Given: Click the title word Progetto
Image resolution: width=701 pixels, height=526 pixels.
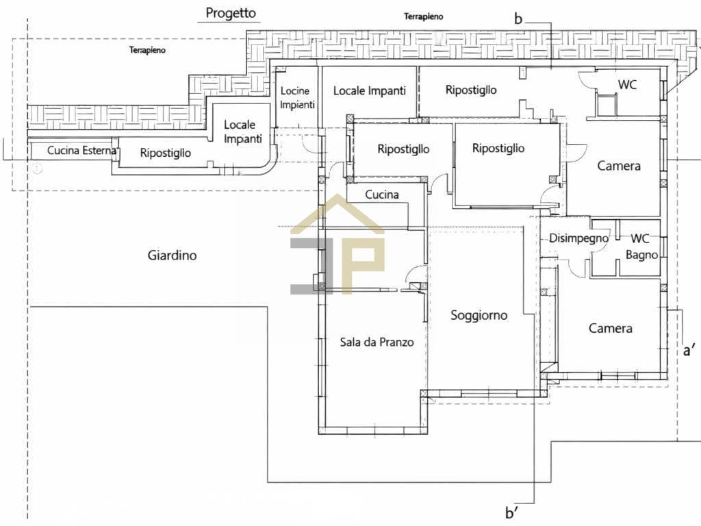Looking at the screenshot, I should (x=231, y=13).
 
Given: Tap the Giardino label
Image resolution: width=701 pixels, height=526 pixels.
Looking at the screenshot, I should (x=172, y=255).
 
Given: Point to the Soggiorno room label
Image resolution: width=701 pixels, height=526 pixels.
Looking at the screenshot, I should (x=479, y=315).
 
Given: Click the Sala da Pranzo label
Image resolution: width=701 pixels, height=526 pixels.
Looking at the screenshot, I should (x=377, y=342).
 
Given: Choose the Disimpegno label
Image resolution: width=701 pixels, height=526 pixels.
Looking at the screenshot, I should (x=578, y=238).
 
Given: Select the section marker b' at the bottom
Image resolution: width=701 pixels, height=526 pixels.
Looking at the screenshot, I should (x=512, y=512).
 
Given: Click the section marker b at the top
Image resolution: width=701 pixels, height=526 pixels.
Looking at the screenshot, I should (x=518, y=19).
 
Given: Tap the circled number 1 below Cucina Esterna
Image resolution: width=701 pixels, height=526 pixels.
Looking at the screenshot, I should (x=37, y=168).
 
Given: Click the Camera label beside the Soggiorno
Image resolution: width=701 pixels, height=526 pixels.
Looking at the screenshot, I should (x=611, y=329).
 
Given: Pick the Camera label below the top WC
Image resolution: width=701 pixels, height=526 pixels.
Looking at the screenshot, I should (x=619, y=166).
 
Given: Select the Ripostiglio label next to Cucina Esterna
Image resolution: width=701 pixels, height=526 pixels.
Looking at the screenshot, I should (x=165, y=153).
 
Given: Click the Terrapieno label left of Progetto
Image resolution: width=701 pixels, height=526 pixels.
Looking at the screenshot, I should (x=147, y=50).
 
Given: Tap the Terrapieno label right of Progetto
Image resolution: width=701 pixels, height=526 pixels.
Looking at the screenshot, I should (x=423, y=16).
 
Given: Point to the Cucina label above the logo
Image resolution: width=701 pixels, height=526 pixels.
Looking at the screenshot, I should (x=381, y=195).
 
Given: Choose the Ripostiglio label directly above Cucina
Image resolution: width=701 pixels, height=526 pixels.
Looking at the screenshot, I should (x=403, y=149).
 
